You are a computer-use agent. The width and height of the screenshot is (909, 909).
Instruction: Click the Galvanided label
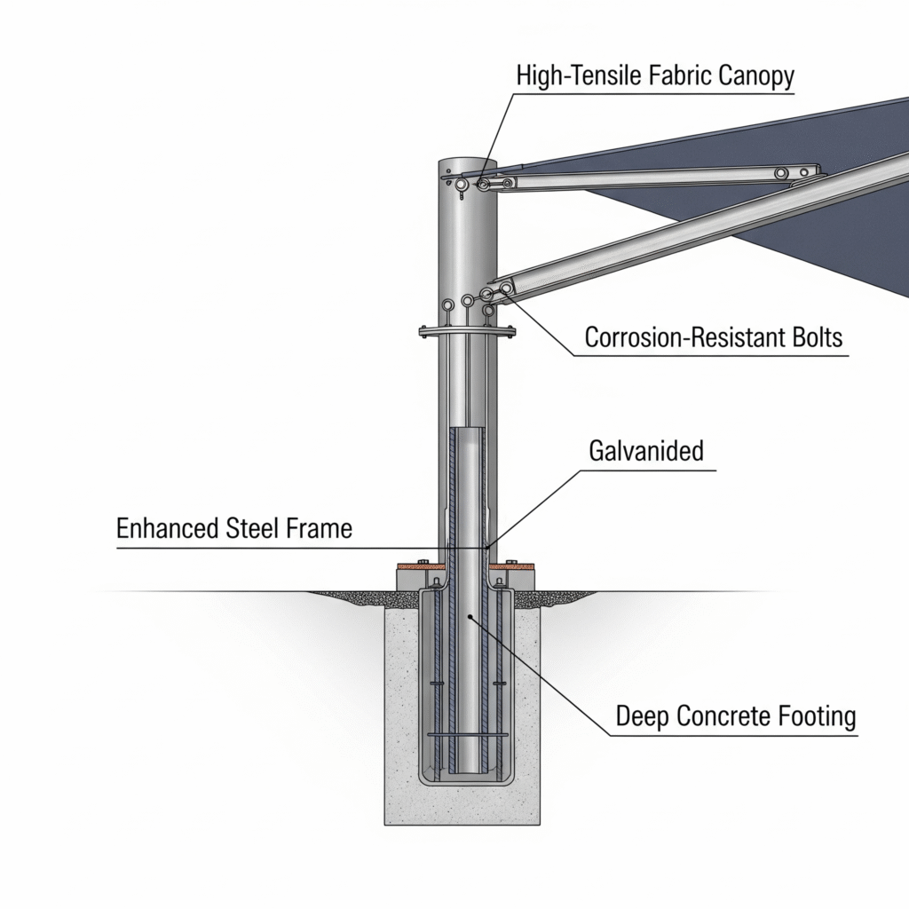[x=646, y=450]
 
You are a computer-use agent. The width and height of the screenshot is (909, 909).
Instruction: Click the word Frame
[x=320, y=529]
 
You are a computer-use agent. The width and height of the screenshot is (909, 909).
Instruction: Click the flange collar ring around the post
[x=468, y=335]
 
